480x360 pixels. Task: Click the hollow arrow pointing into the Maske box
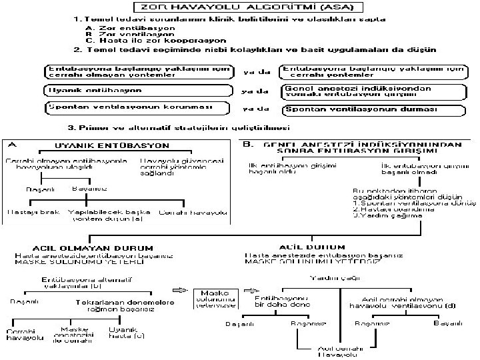(x=180, y=291)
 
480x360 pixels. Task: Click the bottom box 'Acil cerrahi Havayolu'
(x=332, y=351)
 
